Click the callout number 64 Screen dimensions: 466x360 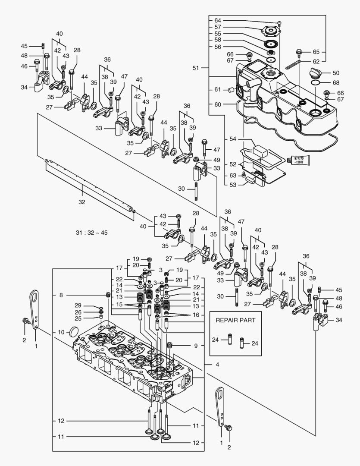point(217,21)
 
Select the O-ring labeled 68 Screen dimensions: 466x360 point(315,82)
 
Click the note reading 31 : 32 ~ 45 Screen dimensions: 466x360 point(91,233)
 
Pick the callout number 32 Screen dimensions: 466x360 point(81,202)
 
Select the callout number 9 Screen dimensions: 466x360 point(195,346)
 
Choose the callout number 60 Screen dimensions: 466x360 point(217,104)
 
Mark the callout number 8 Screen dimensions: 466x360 point(61,295)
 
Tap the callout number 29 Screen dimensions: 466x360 point(78,305)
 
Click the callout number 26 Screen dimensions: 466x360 point(78,312)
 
